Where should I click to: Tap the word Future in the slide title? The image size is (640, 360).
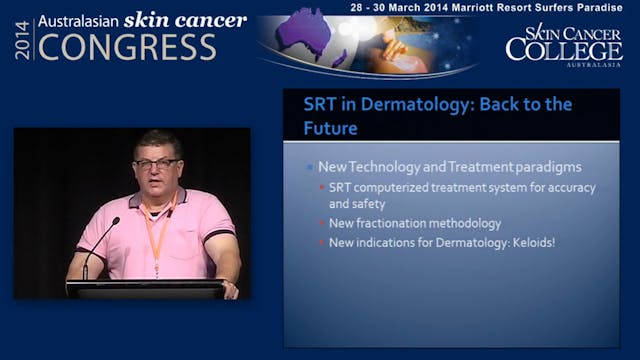[x=331, y=128]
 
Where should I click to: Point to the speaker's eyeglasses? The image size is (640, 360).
[x=158, y=163]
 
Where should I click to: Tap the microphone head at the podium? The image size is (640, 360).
[x=115, y=221]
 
